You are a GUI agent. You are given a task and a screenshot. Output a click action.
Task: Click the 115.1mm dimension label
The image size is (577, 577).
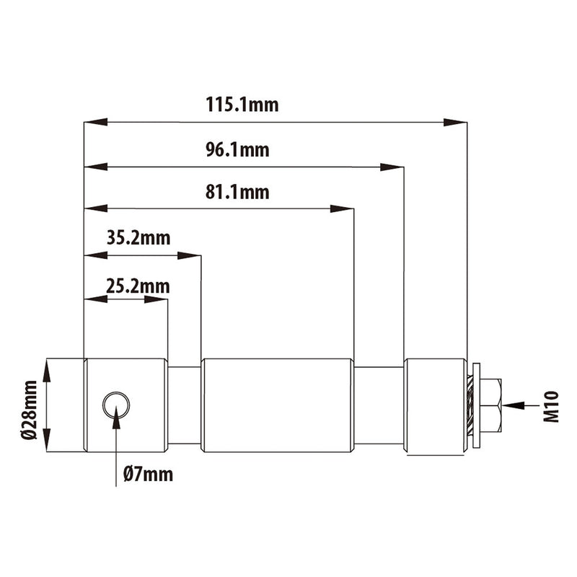click(x=242, y=105)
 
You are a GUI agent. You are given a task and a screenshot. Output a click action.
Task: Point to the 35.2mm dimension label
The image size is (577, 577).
click(x=138, y=238)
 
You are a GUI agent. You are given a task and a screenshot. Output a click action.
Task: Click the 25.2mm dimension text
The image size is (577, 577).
click(x=137, y=286)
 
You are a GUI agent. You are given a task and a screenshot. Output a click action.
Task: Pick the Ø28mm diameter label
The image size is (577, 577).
click(x=29, y=405)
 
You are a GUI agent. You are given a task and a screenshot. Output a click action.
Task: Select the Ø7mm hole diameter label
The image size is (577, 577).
click(x=148, y=474)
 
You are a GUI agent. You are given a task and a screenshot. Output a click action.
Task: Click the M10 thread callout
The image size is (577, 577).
click(x=552, y=405)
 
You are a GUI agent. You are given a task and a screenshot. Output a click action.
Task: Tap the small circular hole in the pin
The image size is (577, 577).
click(x=116, y=405)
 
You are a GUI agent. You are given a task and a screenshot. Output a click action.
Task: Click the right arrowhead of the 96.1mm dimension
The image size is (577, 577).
click(x=392, y=167)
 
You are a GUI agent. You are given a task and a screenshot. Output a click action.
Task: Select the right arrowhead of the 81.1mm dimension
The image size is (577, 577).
click(x=342, y=209)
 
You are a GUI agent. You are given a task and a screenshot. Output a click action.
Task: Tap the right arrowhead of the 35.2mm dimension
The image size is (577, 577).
click(x=190, y=255)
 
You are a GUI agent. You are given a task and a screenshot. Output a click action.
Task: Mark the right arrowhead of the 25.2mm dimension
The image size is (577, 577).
click(x=157, y=299)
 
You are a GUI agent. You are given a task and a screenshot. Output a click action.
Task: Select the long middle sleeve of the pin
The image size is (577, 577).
click(x=278, y=405)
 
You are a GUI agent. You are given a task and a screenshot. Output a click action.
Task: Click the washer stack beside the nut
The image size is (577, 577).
click(x=473, y=405)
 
